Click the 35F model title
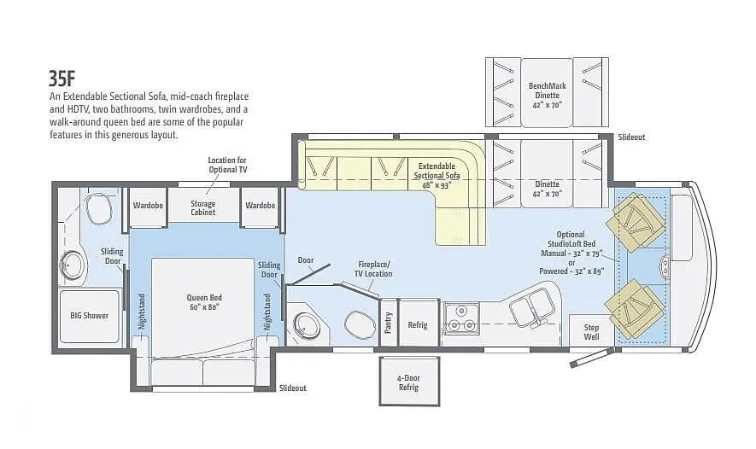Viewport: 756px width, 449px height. point(62,78)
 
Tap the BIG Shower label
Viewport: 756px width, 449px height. point(89,316)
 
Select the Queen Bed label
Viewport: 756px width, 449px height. point(204,302)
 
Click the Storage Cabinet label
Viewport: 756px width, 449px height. point(203,207)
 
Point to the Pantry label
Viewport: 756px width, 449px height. point(389,323)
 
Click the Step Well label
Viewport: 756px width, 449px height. point(592,332)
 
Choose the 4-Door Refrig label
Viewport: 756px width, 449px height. point(409,382)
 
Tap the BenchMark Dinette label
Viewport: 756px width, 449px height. point(548,96)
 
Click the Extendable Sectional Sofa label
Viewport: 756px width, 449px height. point(437,175)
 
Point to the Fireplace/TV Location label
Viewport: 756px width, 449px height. point(374,269)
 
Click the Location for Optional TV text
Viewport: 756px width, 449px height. point(227,165)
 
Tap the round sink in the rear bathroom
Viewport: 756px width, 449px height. point(73,265)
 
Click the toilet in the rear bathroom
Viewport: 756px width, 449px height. point(99,208)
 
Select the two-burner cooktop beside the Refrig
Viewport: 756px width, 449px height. point(461,318)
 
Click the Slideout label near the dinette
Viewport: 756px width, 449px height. point(631,137)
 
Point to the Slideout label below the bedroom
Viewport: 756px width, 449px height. point(293,388)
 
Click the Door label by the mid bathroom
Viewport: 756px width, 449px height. point(306,260)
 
